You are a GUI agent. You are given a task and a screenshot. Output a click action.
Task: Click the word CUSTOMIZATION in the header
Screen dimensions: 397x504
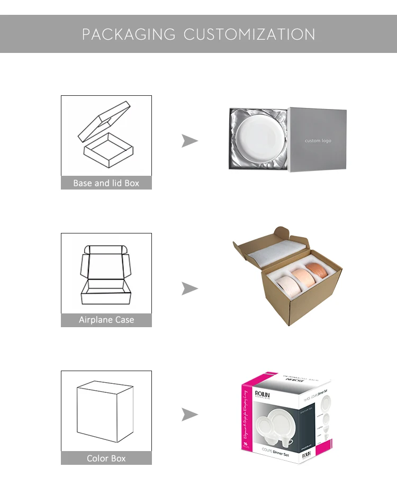tap(249, 34)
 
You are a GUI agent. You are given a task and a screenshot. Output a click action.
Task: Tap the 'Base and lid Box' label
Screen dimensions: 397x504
tap(106, 183)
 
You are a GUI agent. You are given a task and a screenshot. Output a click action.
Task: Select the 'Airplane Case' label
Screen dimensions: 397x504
tap(106, 320)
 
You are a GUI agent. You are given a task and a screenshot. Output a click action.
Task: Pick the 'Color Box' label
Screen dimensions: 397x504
tap(106, 458)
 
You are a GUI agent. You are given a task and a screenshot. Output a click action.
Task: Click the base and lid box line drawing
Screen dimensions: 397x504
tap(106, 136)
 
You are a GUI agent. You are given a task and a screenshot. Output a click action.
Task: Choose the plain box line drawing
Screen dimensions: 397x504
tap(105, 411)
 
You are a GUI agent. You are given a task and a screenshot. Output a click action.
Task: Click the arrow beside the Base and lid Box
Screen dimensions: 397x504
tap(190, 140)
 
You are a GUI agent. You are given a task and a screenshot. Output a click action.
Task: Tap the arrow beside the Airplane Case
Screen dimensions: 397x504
tap(190, 289)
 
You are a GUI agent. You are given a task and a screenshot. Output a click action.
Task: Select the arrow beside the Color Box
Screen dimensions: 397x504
tap(190, 414)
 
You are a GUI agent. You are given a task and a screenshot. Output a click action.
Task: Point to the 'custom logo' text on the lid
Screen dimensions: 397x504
tap(318, 141)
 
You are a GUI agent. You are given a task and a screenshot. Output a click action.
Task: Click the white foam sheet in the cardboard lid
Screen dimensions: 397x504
tap(275, 254)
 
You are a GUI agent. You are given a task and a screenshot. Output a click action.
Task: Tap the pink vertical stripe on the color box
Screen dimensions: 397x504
tap(245, 424)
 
